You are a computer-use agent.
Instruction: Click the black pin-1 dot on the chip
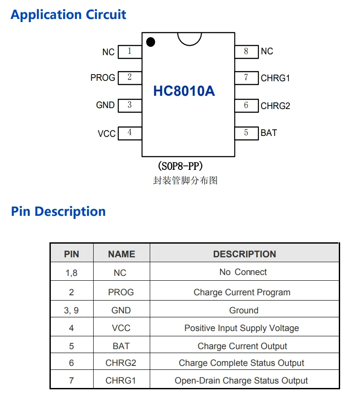[151, 42]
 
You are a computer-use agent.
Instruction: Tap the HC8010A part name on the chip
[184, 91]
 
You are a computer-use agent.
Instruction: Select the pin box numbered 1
[130, 51]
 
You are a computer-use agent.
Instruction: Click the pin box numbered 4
[130, 132]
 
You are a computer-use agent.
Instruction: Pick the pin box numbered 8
[246, 51]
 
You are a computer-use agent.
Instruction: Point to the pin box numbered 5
[246, 133]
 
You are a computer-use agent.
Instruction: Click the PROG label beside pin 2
[102, 78]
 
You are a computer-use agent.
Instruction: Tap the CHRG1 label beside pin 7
[275, 78]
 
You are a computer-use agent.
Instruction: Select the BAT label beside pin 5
[269, 133]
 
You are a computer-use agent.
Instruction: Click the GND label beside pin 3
[105, 105]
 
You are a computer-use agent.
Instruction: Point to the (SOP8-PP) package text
[180, 166]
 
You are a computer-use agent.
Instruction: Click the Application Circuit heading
[68, 15]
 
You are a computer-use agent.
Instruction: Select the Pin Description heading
[58, 211]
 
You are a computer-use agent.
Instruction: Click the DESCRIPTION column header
[244, 254]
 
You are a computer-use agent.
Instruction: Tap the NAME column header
[121, 254]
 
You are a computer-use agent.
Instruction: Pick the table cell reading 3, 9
[71, 310]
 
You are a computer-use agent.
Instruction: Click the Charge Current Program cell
[242, 292]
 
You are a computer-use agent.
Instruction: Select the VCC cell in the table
[121, 328]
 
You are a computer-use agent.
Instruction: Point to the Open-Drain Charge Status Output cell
[241, 380]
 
